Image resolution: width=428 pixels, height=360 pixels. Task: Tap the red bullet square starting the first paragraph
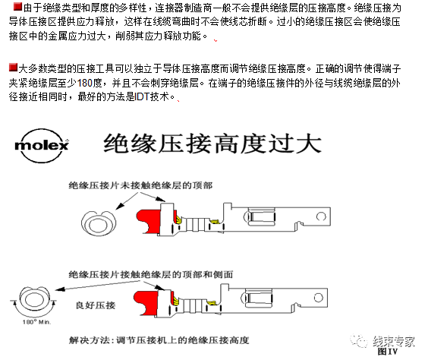click(7, 7)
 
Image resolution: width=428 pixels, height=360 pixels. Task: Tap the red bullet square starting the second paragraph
click(7, 69)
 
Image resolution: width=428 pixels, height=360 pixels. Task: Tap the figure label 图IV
click(388, 352)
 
